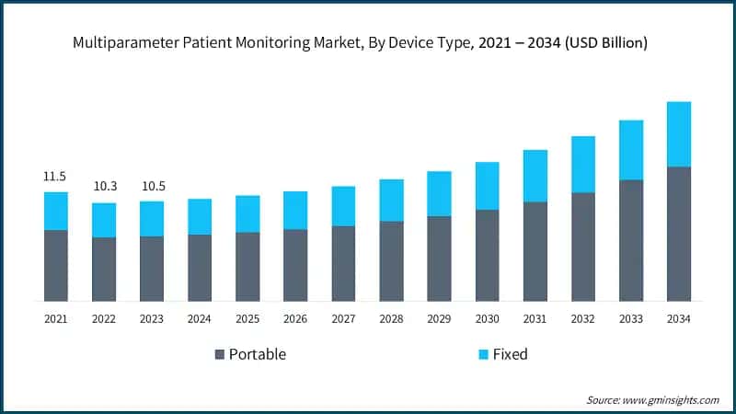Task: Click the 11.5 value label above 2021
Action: (55, 176)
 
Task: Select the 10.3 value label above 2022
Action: (104, 187)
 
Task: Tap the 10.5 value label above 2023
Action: (152, 187)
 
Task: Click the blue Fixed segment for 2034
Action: (678, 134)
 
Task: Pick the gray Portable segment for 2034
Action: (678, 234)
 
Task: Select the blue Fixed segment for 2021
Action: (55, 211)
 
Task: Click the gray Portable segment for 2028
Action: (391, 260)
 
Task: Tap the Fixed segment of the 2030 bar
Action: (487, 186)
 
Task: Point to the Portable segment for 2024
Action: (200, 268)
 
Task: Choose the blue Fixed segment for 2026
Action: (295, 210)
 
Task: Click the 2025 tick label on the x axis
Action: (247, 318)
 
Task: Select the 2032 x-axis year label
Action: (582, 318)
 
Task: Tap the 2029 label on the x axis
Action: (439, 318)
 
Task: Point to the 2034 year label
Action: (678, 318)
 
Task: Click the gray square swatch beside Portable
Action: (220, 354)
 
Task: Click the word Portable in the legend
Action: (258, 354)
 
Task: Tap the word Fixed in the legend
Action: (510, 354)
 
